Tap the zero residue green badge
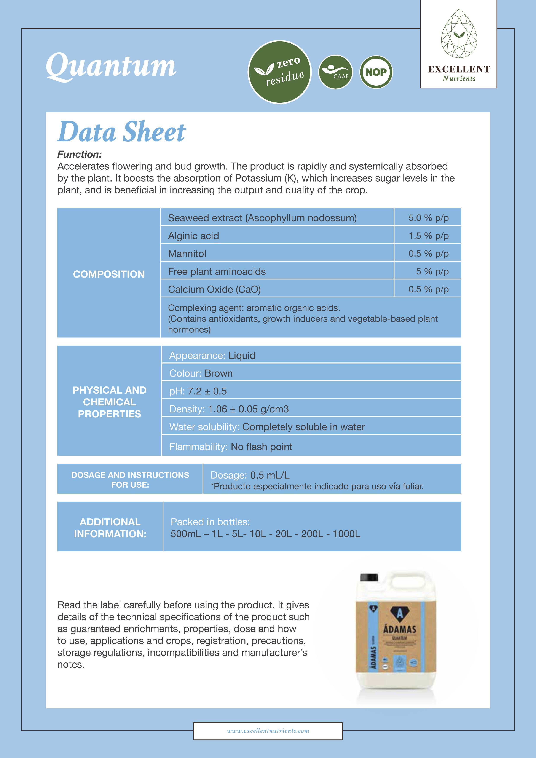(279, 72)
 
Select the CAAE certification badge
(335, 72)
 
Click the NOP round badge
(376, 72)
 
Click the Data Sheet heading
(121, 132)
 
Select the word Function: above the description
(80, 154)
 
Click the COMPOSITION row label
(108, 274)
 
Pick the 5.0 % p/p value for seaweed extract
(428, 218)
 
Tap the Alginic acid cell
(193, 236)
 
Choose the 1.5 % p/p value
(428, 236)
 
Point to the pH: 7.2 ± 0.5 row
(198, 391)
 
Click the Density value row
(229, 409)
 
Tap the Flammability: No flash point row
(231, 447)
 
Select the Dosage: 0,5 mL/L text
(250, 475)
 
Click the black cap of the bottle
(369, 577)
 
